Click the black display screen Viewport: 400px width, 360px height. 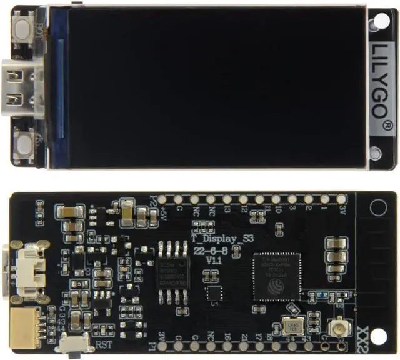pyautogui.click(x=212, y=87)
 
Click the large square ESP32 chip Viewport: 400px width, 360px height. pyautogui.click(x=276, y=277)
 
